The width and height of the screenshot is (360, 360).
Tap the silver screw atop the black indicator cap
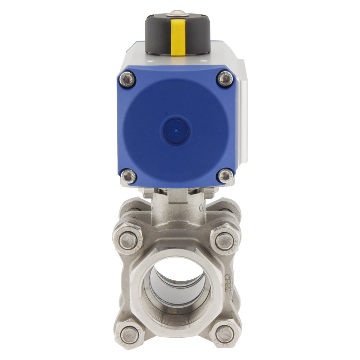[x=178, y=13]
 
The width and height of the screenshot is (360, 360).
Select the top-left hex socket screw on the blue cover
[x=127, y=79]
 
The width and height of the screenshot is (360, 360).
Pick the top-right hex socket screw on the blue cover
[x=225, y=78]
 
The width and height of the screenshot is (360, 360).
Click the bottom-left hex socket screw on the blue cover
[x=128, y=176]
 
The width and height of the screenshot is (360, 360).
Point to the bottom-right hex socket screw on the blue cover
[x=225, y=176]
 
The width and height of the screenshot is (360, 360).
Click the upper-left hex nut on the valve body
[x=128, y=241]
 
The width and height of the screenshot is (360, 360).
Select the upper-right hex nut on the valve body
[x=225, y=240]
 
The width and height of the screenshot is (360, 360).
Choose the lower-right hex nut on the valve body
[x=225, y=334]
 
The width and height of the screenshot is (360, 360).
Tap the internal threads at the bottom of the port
[x=176, y=317]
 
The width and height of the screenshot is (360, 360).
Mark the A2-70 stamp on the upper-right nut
[x=236, y=240]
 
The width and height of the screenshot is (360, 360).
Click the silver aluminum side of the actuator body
[x=242, y=119]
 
